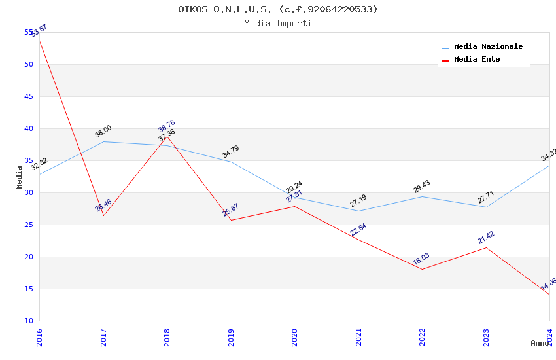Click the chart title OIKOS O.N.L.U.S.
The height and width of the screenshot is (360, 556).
coord(277,9)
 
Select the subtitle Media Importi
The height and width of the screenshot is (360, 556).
coord(277,23)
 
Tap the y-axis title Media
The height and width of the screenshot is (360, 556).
coord(20,177)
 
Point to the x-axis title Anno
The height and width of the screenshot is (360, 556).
coord(540,343)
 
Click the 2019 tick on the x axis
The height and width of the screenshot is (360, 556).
coord(231,336)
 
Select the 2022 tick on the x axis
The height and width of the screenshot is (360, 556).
coord(422,336)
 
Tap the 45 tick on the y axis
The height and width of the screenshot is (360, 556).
coord(29,96)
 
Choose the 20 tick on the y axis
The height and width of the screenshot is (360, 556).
coord(29,257)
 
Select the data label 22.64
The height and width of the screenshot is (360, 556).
coord(358,230)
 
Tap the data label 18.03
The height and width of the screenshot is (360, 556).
coord(421,259)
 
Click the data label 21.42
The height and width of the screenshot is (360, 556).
coord(485,238)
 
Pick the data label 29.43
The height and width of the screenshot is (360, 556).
coord(421,187)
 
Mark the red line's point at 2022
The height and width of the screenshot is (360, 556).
coord(422,269)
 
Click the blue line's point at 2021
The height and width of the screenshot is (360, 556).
coord(358,211)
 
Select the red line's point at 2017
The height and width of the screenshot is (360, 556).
coord(103,215)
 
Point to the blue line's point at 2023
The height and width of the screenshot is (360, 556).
coord(486,207)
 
